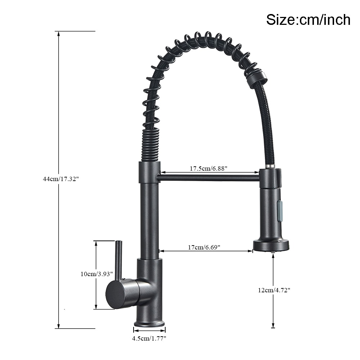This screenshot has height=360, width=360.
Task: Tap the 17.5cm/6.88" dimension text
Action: coord(209,168)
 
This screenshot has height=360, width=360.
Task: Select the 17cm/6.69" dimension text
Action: coord(204,247)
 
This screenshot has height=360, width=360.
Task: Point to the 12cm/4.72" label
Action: coord(274,290)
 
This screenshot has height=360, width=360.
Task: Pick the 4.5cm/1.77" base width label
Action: coord(149,338)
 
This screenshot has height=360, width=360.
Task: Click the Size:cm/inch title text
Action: coord(308,19)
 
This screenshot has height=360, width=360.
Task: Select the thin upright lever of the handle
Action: coord(118,259)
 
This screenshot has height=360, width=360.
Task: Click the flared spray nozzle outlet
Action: coord(271,245)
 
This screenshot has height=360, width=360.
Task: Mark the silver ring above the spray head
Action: coord(269,166)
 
